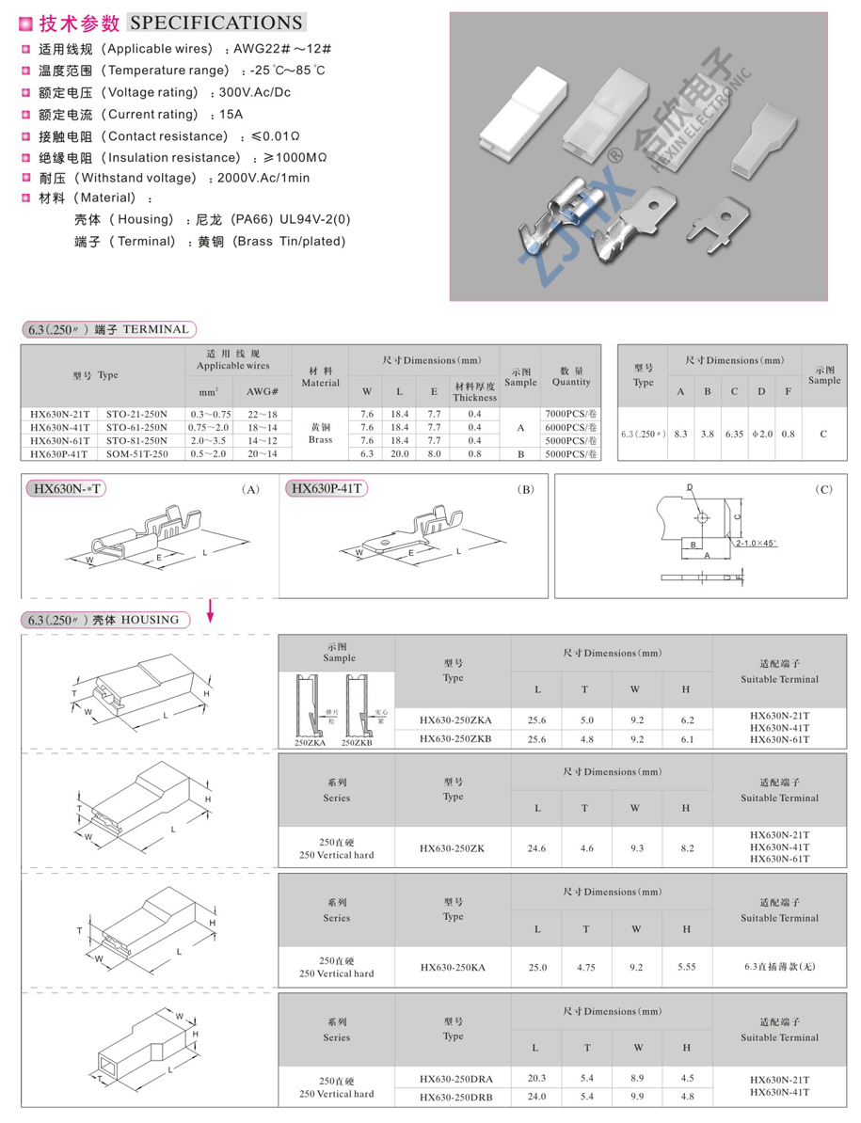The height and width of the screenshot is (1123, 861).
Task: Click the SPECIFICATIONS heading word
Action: click(x=215, y=23)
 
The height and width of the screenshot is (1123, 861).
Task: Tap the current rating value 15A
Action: click(x=231, y=114)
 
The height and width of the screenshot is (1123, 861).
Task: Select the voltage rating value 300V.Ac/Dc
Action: click(x=255, y=92)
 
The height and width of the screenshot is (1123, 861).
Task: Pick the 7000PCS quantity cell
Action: click(x=571, y=414)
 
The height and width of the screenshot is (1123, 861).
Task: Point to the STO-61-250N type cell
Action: click(x=136, y=427)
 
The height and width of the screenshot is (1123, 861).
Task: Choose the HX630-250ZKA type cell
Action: click(x=454, y=720)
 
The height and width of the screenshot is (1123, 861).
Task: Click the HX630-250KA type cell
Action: click(x=453, y=967)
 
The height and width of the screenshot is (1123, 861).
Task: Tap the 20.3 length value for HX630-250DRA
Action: click(x=537, y=1078)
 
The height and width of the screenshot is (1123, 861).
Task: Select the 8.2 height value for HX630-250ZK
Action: click(x=686, y=847)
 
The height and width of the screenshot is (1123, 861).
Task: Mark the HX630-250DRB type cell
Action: click(x=454, y=1097)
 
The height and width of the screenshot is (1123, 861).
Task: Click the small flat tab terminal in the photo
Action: click(x=716, y=221)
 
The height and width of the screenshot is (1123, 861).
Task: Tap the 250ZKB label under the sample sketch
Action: click(x=358, y=742)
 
